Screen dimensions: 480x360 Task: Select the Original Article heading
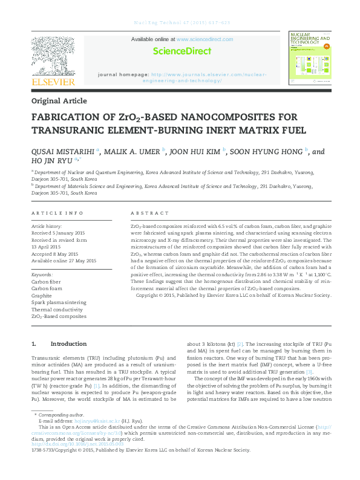59,101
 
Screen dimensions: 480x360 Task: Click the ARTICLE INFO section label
57,213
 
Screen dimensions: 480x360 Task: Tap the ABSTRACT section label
150,213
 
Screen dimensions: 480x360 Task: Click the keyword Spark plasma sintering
59,302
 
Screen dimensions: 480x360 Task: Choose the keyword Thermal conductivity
57,309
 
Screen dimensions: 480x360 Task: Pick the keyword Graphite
43,295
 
